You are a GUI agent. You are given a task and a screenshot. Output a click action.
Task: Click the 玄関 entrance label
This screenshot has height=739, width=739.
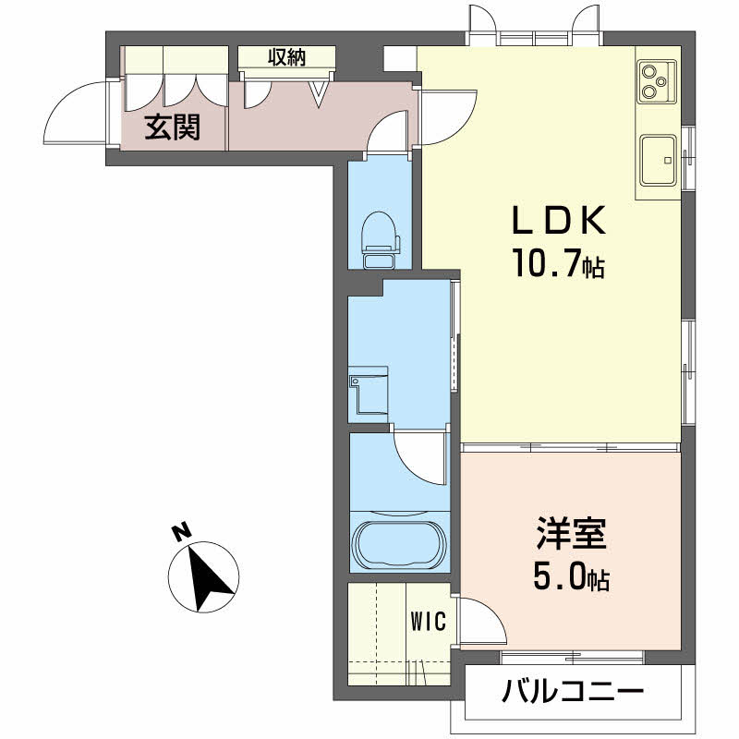click(173, 127)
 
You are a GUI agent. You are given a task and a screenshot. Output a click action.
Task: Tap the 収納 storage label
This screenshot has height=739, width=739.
click(287, 57)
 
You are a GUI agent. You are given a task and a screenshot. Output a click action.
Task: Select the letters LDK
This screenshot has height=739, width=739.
click(559, 221)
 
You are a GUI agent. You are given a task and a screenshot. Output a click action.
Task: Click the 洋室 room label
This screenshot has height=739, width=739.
click(571, 534)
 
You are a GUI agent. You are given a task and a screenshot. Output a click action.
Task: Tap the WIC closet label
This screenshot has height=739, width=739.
click(428, 621)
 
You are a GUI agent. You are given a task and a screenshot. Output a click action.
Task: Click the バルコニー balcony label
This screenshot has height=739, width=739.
click(572, 692)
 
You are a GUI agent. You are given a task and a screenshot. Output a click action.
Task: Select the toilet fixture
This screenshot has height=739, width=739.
click(380, 238)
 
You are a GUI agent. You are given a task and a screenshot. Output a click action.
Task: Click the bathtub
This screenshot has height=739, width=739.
click(400, 544)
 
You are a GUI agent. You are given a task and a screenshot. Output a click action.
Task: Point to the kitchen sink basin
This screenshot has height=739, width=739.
click(658, 160)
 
